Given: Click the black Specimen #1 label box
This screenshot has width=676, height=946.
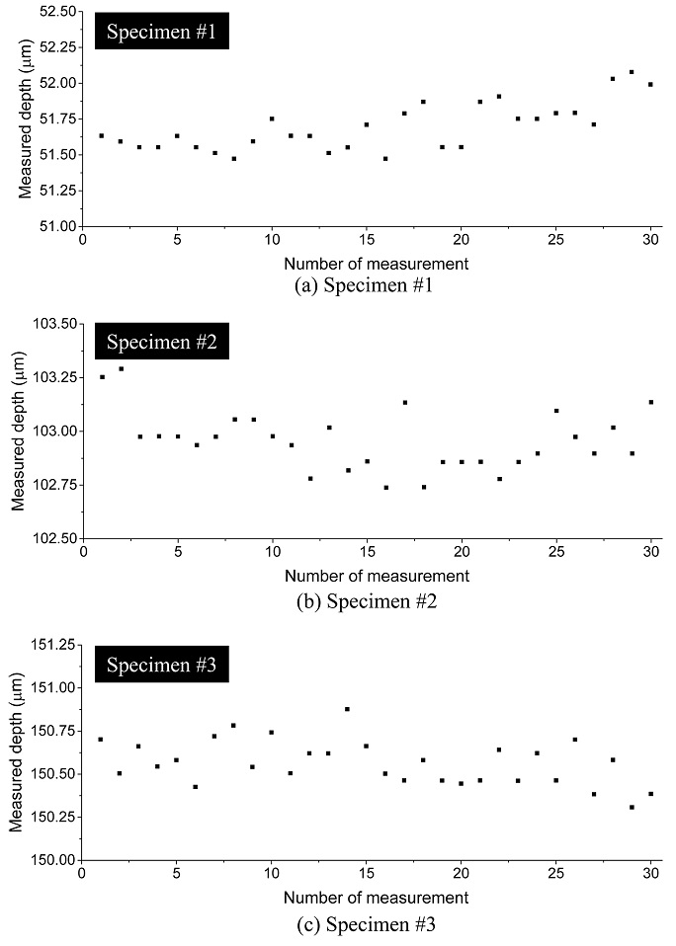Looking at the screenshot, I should click(x=165, y=34).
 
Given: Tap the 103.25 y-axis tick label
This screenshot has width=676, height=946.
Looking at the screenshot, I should click(x=49, y=377).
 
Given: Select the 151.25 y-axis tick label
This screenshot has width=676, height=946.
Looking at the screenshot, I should click(x=49, y=645).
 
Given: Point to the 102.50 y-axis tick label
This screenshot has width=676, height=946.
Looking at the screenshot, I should click(x=49, y=538).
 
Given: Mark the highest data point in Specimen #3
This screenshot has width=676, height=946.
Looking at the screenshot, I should click(x=347, y=709).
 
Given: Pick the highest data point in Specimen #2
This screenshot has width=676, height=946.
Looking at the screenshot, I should click(x=122, y=369).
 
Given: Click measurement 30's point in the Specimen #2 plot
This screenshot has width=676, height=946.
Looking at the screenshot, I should click(x=650, y=402).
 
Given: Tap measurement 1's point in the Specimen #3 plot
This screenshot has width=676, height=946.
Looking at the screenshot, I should click(x=101, y=740).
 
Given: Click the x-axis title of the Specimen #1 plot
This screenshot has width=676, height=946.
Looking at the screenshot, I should click(x=376, y=264).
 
